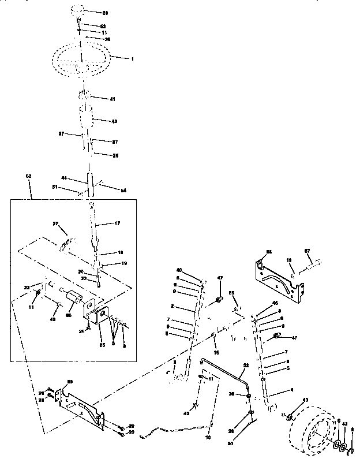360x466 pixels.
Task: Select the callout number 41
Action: [x=112, y=99]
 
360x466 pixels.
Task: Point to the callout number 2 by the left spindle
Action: [x=172, y=306]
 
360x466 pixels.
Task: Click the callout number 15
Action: [x=216, y=352]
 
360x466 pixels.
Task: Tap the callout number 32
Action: [x=246, y=366]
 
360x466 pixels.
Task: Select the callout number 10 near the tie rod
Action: [x=208, y=438]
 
